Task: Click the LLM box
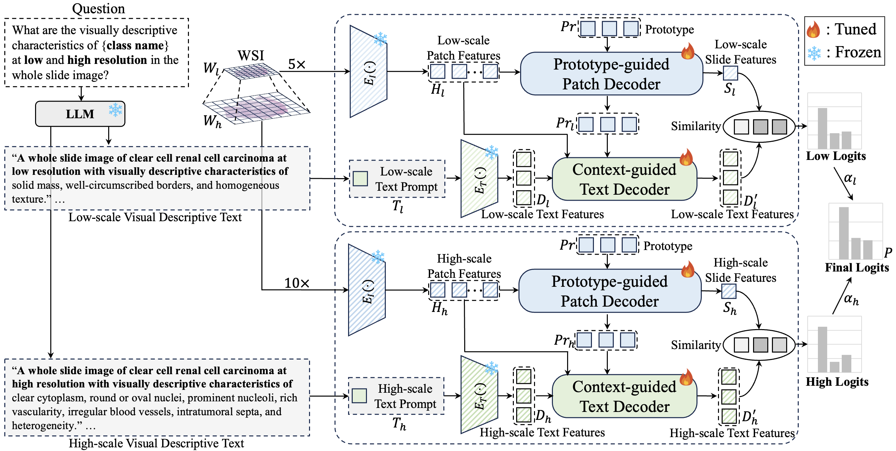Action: click(80, 114)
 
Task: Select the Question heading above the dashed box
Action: click(99, 8)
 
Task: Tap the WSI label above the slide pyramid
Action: click(251, 55)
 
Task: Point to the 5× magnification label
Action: click(297, 64)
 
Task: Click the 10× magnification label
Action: click(297, 283)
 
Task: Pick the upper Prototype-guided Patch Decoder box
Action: click(611, 74)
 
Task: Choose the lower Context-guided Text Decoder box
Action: click(624, 396)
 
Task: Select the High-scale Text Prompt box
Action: click(396, 396)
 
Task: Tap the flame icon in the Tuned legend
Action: click(813, 29)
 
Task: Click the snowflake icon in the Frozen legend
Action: click(814, 53)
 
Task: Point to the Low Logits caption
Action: click(836, 156)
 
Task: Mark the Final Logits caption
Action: click(857, 267)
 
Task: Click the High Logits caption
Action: click(837, 382)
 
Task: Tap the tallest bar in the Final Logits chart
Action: click(843, 233)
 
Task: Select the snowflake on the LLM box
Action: click(115, 110)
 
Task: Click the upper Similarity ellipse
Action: click(759, 127)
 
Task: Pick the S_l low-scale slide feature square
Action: click(730, 73)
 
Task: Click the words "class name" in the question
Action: click(135, 45)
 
